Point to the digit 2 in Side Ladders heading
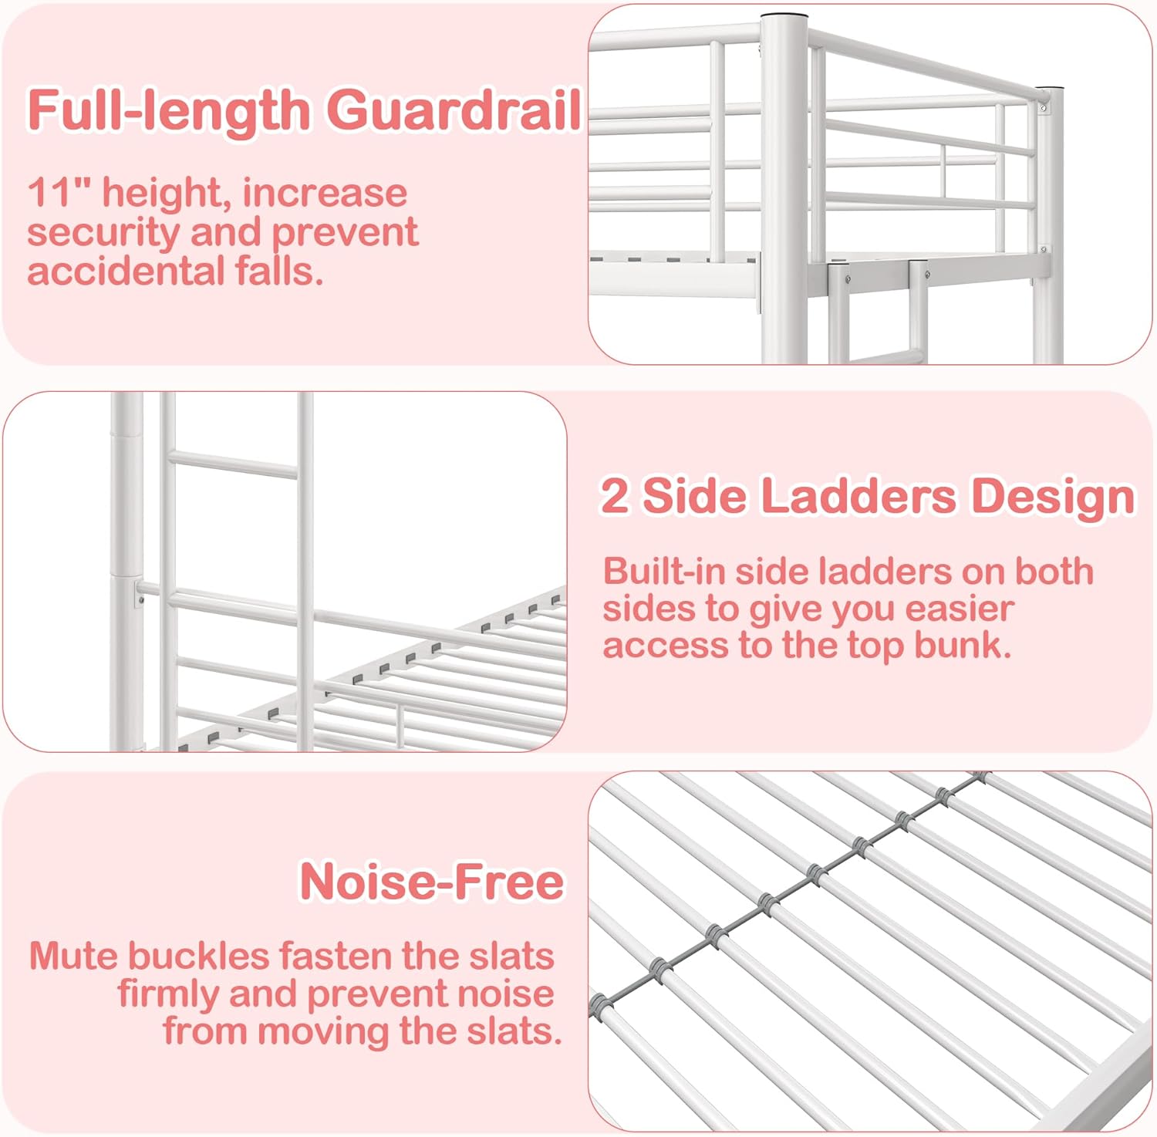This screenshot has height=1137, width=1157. click(614, 495)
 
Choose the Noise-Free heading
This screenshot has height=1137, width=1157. click(432, 881)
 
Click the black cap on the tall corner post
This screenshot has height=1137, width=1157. click(784, 16)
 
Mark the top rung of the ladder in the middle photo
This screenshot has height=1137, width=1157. click(232, 463)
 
